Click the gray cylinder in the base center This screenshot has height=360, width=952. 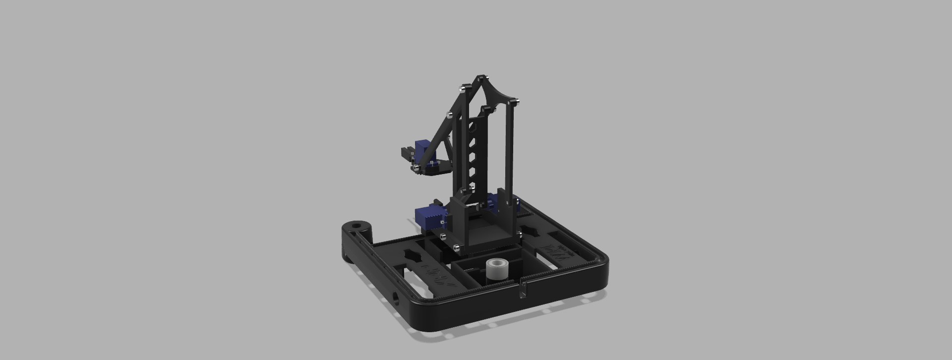point(496,270)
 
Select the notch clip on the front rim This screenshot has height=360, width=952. point(522,290)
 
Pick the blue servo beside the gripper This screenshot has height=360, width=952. point(422,148)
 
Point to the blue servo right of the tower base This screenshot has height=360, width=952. point(493,203)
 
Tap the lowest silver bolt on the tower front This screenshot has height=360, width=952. point(457,246)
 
